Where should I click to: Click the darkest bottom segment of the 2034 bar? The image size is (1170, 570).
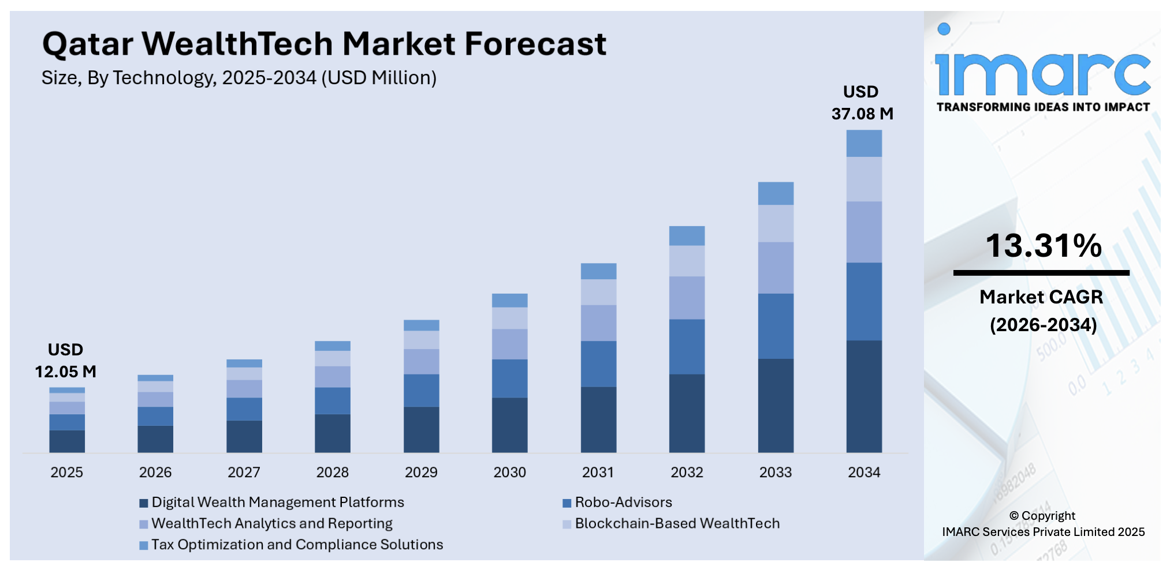click(863, 396)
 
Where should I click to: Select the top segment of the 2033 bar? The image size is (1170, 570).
click(775, 193)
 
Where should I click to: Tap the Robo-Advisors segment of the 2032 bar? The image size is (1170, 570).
click(687, 347)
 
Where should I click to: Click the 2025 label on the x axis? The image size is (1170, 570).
click(66, 472)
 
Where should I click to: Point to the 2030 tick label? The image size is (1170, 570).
click(509, 472)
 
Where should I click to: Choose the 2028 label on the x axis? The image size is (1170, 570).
click(332, 472)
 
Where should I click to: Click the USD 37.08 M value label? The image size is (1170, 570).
click(862, 103)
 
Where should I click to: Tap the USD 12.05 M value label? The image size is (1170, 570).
click(65, 361)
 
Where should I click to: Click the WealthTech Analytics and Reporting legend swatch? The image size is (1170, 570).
click(144, 524)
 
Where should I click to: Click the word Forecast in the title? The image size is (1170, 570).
click(535, 44)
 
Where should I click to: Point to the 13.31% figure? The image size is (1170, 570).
click(1043, 246)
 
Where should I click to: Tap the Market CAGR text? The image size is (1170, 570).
click(1041, 297)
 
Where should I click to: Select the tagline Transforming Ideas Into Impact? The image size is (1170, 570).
click(1042, 107)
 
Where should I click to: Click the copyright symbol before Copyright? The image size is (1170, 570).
click(1013, 516)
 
